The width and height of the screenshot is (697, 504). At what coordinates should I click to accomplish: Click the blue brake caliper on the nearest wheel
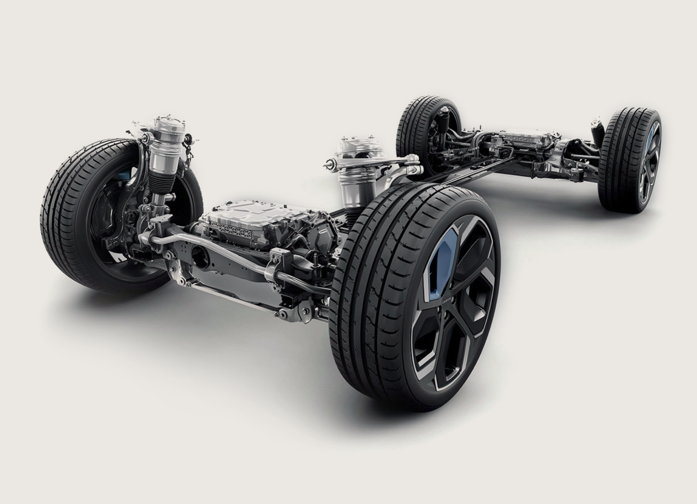(442, 263)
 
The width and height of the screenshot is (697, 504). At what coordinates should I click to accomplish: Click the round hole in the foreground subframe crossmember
(200, 258)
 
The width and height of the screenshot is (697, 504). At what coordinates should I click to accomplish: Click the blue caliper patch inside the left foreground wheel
(124, 175)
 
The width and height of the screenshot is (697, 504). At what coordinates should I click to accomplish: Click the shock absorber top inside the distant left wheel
(442, 119)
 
